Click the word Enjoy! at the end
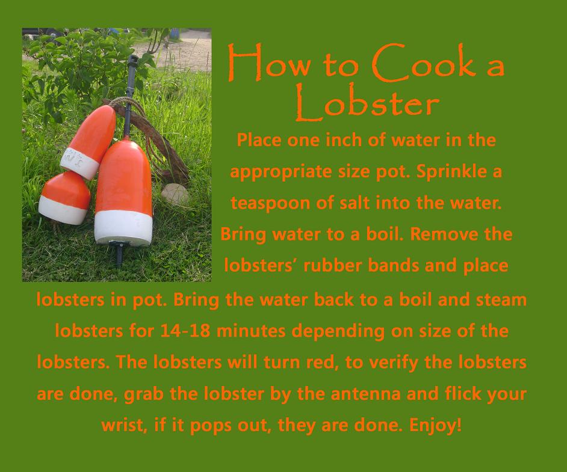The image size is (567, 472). click(x=435, y=425)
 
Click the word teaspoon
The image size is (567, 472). click(x=270, y=204)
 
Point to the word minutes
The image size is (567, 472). click(x=252, y=331)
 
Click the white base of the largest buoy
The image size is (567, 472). click(x=123, y=227)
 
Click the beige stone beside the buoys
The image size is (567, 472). click(x=175, y=194)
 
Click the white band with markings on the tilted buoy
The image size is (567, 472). click(x=79, y=163)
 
